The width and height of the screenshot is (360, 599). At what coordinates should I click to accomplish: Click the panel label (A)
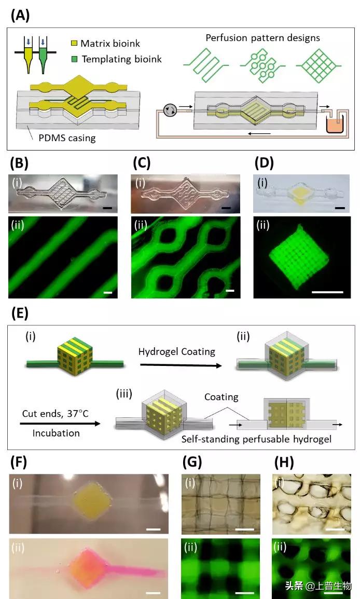(20, 15)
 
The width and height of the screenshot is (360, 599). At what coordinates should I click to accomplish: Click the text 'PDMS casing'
(67, 138)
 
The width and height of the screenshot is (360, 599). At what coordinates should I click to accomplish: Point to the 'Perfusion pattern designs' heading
(262, 37)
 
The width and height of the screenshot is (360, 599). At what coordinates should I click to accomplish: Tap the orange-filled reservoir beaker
(332, 125)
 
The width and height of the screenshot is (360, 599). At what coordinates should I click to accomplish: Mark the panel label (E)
(20, 314)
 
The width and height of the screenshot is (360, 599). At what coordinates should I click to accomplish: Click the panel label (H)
(283, 461)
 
